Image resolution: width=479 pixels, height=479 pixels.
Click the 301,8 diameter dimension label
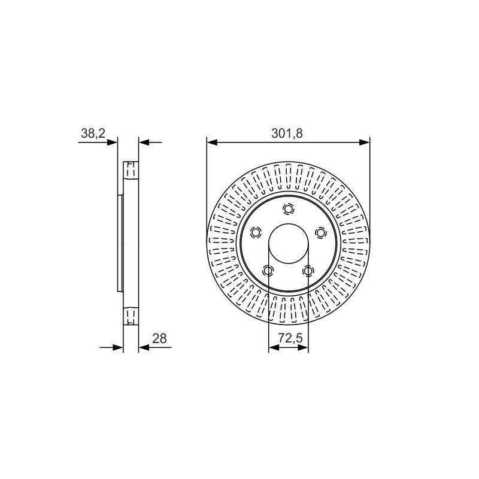287,134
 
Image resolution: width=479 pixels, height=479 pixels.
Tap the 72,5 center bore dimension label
290,338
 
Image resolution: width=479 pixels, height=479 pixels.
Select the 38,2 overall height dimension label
93,134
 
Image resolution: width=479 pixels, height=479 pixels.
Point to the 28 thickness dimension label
159,338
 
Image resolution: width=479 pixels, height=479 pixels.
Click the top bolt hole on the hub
288,209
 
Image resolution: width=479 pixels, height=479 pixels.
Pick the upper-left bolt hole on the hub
256,233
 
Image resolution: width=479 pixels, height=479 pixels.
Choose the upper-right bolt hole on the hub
320,233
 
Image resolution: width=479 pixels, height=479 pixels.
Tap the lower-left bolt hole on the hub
268,271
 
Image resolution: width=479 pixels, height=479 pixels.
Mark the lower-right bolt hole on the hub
308,271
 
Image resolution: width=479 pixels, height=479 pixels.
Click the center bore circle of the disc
288,224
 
